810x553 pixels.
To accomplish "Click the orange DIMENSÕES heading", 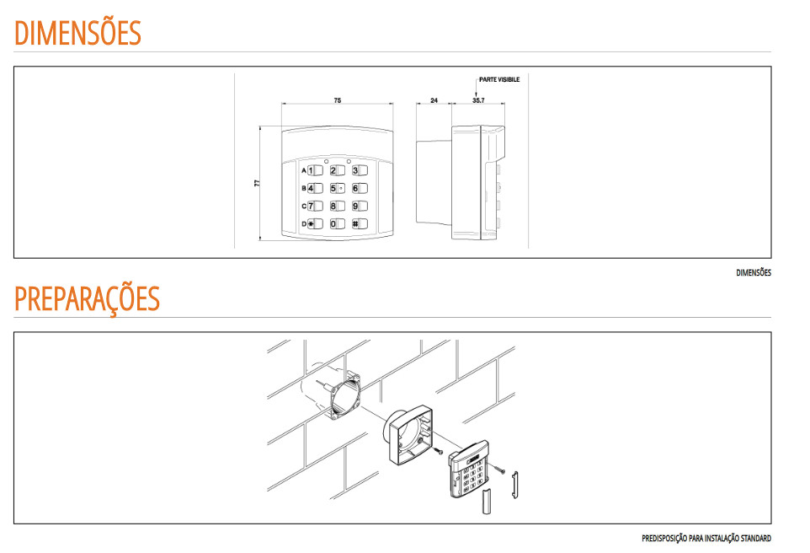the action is click(77, 33).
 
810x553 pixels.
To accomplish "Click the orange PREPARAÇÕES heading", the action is click(88, 298).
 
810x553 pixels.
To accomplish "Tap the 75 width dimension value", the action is click(338, 100).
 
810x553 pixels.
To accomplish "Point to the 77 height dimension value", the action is click(257, 183).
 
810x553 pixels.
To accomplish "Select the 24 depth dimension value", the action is click(434, 100).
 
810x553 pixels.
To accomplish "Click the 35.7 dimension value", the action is click(478, 100).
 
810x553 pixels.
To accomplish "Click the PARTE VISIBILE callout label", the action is click(499, 80).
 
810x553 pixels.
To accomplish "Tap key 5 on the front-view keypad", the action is click(338, 188).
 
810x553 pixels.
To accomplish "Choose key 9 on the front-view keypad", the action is click(360, 207).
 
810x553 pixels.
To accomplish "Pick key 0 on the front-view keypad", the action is click(338, 224).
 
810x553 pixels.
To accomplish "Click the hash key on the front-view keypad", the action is click(360, 224).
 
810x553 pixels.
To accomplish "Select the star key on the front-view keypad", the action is click(315, 224).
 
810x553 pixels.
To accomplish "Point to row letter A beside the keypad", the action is click(304, 170).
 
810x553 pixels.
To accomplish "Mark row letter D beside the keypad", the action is click(304, 224).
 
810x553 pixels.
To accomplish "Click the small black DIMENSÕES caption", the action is click(754, 272).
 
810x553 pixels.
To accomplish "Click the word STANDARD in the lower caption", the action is click(756, 539).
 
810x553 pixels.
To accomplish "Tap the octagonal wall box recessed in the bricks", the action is click(345, 395).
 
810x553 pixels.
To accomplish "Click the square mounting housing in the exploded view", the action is click(410, 434).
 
